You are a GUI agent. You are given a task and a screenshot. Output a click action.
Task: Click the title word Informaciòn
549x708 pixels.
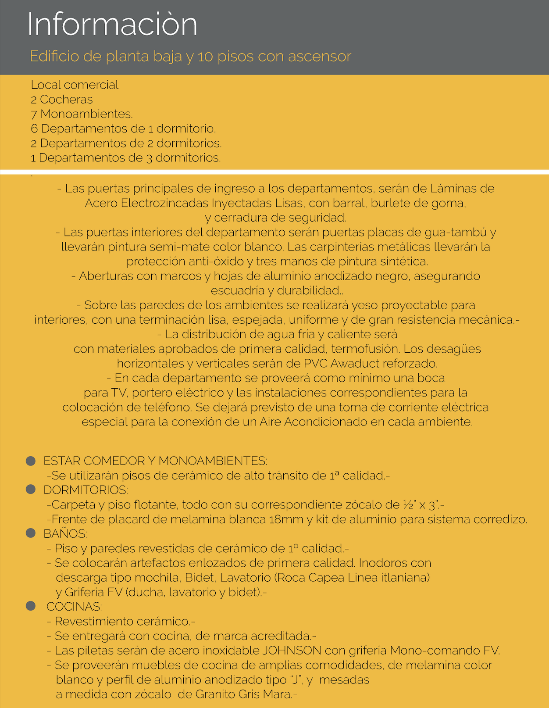point(112,25)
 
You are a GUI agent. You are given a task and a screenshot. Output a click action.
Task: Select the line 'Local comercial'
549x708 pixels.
point(75,85)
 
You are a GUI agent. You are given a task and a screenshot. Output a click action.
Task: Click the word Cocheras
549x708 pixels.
point(66,100)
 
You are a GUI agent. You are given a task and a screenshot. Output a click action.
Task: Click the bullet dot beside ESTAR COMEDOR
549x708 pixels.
point(31,461)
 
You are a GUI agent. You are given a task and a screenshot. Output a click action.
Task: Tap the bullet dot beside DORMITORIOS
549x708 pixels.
point(31,490)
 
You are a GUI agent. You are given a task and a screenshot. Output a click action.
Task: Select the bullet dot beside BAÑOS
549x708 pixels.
point(31,533)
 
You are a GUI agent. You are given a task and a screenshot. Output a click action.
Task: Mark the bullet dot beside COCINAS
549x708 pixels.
point(31,606)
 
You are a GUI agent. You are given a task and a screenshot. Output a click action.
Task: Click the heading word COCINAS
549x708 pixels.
point(74,607)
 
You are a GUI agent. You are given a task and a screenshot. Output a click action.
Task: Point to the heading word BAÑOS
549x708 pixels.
point(65,534)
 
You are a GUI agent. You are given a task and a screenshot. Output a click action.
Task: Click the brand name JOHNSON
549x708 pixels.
point(292,651)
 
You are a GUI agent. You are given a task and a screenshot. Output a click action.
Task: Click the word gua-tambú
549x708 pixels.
point(456,232)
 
